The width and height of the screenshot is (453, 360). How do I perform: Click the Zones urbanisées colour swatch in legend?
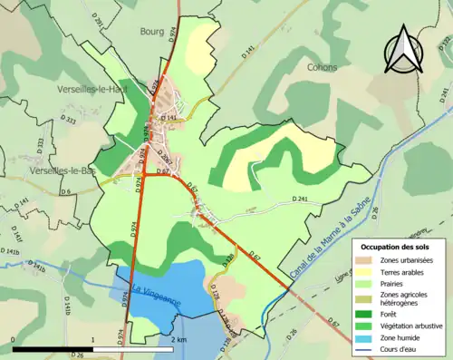point(368,261)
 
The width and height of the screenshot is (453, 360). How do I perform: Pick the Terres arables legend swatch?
point(368,273)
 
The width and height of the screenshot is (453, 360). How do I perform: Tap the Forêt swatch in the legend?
point(368,311)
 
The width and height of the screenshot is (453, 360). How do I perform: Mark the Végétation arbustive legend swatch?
point(368,322)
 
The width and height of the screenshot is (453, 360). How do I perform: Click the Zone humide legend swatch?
point(368,334)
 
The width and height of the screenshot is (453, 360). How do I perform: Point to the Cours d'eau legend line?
point(368,345)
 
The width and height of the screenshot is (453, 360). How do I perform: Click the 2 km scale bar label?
point(178,339)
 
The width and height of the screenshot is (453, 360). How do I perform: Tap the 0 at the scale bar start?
point(12,339)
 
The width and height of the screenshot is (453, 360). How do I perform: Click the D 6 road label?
point(66,191)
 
